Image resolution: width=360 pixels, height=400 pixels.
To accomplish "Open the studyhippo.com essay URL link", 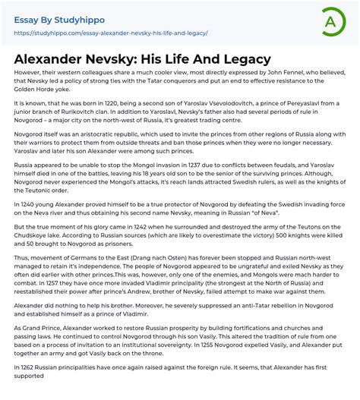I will pos(111,34).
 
